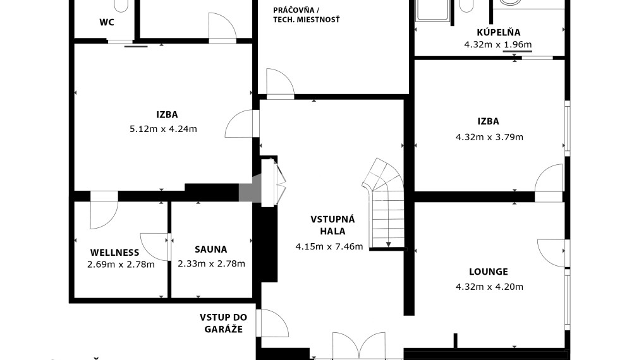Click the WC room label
coord(107,22)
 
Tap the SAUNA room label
coord(210,249)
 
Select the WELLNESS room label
coord(114,253)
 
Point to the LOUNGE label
coord(488,272)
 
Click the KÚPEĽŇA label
coord(499,32)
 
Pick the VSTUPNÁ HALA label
coord(332,225)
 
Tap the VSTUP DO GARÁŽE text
coord(223,323)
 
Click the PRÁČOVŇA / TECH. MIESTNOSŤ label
coord(307,15)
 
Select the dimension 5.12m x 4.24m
coord(163,129)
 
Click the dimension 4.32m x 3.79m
coord(489,137)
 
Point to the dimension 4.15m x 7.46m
coord(329,246)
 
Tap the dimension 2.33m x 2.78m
coord(211,264)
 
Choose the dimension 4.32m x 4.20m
coord(489,287)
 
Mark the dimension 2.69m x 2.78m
coord(121,265)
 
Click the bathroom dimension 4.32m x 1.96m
coord(498,44)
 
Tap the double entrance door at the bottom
coord(359,345)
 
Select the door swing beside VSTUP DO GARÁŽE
coord(274,323)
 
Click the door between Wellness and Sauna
coord(155,246)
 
